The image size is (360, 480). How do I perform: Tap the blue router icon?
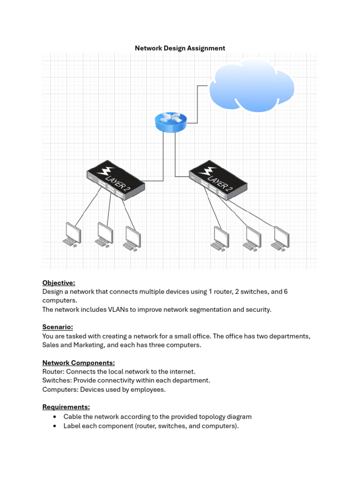(x=170, y=122)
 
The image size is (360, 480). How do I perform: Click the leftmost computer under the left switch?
(x=72, y=234)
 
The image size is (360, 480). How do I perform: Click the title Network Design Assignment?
(x=180, y=48)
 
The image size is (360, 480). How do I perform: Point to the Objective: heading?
(x=59, y=283)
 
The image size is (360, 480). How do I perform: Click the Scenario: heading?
(x=58, y=327)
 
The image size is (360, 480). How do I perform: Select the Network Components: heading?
(x=78, y=363)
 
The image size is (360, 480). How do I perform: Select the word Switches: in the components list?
(x=57, y=381)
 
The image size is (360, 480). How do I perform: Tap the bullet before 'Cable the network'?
(x=55, y=417)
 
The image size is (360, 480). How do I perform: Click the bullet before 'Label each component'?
(x=55, y=426)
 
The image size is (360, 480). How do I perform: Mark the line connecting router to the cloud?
(x=197, y=103)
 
